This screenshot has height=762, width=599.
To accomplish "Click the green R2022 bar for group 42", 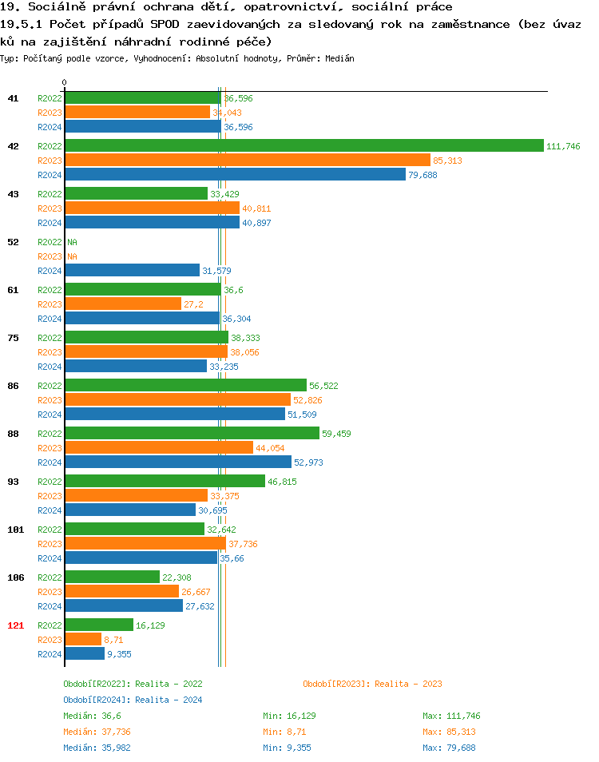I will click(303, 145).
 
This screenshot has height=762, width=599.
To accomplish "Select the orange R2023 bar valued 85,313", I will click(248, 161).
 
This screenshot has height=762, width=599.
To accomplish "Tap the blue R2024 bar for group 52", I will click(132, 271).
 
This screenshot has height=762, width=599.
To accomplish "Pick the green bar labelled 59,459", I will click(192, 434).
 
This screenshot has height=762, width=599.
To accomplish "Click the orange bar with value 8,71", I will click(83, 640).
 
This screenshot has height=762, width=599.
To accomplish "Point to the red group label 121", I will click(15, 625).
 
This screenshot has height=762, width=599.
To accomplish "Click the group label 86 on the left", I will click(13, 386).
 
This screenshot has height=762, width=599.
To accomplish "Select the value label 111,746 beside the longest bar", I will click(563, 146).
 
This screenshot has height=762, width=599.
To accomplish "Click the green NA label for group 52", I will click(72, 242).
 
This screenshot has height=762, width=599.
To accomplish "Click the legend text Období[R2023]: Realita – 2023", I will click(372, 684).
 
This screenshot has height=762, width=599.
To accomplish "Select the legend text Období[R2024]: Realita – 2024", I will click(133, 700).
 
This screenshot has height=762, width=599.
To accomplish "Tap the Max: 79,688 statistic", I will click(449, 748).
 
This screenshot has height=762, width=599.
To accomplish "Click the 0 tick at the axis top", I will click(65, 83).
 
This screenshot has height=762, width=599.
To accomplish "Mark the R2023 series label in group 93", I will click(50, 496).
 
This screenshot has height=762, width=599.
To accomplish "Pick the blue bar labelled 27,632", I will click(124, 606).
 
